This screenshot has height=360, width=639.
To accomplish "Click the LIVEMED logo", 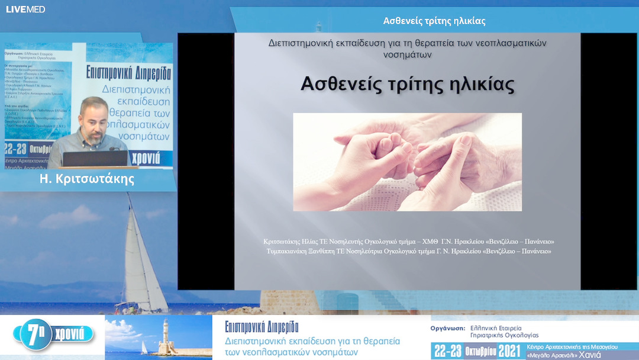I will coord(25,9).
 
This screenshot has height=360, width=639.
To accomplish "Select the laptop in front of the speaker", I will coord(95,158).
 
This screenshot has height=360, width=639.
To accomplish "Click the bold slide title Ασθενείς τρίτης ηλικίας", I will coord(408,84).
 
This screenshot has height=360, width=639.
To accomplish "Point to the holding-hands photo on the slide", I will coord(407,162).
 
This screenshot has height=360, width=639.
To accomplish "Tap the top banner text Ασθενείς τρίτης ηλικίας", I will coord(434,21).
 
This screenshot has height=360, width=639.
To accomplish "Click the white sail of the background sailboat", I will coord(139,261).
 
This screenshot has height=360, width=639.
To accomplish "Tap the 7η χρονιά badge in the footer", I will coord(56,334).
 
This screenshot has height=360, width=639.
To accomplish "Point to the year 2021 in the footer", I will coord(509,350).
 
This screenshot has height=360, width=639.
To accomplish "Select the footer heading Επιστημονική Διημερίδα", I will coord(262,327).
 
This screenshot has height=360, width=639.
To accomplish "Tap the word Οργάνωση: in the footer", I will coord(445,327).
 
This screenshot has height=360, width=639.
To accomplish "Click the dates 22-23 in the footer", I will coord(447,350).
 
